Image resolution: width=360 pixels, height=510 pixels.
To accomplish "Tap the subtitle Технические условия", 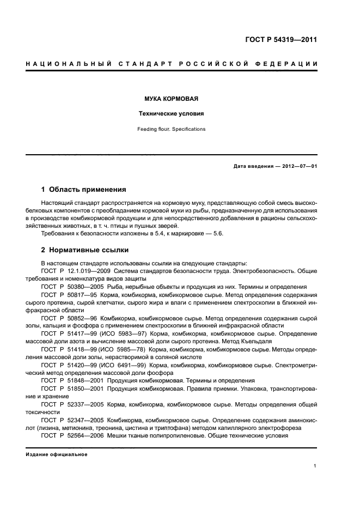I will coord(171,114).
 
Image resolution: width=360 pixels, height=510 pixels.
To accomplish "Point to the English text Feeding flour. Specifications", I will coord(171,129).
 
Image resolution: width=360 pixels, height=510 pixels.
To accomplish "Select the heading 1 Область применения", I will coord(84,190).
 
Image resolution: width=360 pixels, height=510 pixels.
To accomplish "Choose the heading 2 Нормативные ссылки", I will coord(85,250).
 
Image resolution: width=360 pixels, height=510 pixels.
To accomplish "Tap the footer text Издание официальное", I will coord(57,453).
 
